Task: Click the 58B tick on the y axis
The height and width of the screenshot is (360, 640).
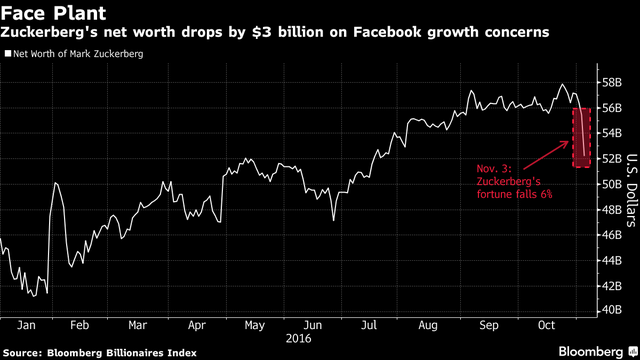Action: point(611,81)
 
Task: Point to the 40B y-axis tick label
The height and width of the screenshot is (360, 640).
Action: point(611,311)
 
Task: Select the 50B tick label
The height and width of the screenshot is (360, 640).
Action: point(611,184)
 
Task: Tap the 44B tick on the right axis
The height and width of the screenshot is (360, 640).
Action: point(611,260)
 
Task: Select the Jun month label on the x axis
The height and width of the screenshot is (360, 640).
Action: point(314,325)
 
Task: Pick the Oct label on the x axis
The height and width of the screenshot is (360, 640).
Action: point(545,325)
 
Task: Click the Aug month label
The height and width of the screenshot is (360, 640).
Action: point(430,325)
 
